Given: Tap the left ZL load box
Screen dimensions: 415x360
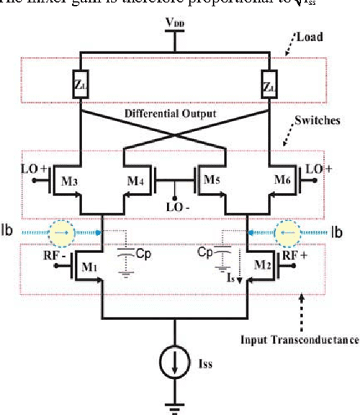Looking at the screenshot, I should click(80, 84).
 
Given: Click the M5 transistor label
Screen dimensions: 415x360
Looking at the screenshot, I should click(215, 179).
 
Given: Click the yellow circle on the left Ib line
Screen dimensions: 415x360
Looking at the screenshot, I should click(61, 232).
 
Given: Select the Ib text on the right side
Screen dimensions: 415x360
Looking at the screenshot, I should click(341, 233).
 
